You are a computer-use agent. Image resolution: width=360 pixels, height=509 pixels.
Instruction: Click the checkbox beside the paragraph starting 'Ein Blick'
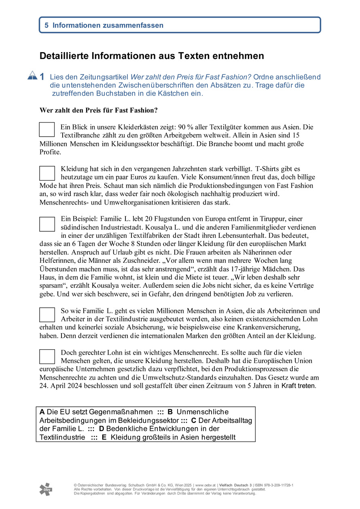click(x=47, y=129)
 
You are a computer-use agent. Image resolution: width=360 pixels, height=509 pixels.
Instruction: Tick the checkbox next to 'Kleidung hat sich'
click(x=47, y=173)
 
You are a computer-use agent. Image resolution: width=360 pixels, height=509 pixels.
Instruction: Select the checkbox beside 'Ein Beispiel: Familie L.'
click(x=47, y=224)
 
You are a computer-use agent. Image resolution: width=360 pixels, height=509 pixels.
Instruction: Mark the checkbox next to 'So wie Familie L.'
click(x=47, y=315)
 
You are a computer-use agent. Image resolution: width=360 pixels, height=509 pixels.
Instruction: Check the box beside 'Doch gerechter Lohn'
click(x=47, y=356)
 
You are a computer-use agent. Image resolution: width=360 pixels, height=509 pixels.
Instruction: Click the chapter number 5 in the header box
click(x=47, y=25)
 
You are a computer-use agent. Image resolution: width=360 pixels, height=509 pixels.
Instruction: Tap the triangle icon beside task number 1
click(x=32, y=75)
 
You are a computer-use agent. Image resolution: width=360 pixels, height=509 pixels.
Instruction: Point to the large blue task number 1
click(x=42, y=76)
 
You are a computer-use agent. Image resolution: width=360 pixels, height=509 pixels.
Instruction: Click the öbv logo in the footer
click(x=46, y=489)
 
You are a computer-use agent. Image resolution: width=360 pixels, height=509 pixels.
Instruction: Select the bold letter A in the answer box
click(x=42, y=412)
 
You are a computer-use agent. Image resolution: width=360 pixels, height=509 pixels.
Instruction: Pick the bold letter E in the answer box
click(x=104, y=437)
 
